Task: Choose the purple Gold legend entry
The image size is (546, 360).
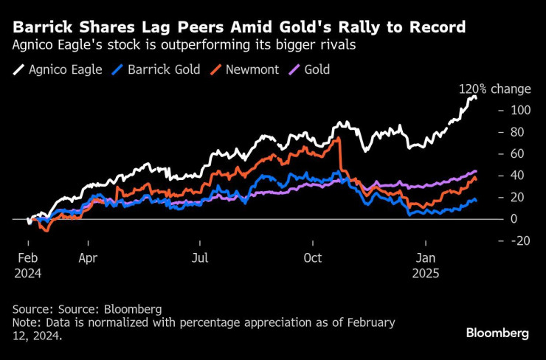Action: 309,70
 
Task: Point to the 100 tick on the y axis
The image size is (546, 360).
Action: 519,110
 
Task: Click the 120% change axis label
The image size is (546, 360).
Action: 494,89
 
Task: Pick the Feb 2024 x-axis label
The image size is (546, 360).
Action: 28,266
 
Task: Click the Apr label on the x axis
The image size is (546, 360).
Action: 88,259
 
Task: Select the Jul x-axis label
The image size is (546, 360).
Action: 200,259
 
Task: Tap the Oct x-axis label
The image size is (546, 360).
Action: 313,259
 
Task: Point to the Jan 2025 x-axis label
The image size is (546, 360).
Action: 426,266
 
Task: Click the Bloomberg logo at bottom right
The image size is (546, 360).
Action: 497,333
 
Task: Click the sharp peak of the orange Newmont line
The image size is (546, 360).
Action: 338,139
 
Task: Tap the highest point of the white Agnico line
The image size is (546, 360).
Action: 474,96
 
